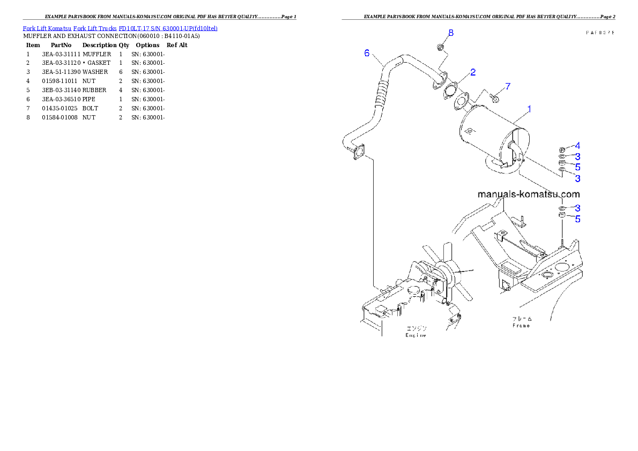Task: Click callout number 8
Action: (451, 33)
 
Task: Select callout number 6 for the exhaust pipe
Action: (367, 53)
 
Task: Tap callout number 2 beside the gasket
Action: (473, 72)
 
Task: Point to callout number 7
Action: (508, 86)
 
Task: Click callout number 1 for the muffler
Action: (529, 109)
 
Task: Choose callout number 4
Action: (577, 145)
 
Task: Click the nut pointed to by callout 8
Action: (440, 48)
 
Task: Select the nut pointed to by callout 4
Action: (561, 149)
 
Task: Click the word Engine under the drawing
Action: (416, 335)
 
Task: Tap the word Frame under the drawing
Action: (521, 325)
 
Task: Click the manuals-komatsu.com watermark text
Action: (529, 194)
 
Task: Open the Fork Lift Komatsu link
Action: (47, 28)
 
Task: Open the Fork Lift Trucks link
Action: (95, 28)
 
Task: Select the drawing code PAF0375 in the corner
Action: (600, 33)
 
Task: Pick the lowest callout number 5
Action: (577, 219)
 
